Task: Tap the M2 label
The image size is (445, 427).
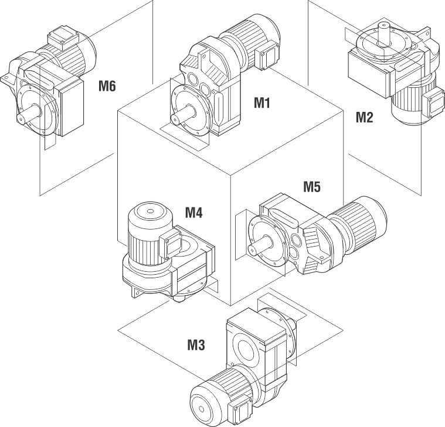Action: click(x=364, y=117)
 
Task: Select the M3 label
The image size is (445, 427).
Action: click(x=196, y=345)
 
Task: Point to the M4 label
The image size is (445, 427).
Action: click(x=193, y=212)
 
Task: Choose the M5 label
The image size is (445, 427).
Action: click(x=312, y=187)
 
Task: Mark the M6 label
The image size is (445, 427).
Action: click(x=107, y=87)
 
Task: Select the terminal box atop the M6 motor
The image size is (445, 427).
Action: click(x=61, y=36)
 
